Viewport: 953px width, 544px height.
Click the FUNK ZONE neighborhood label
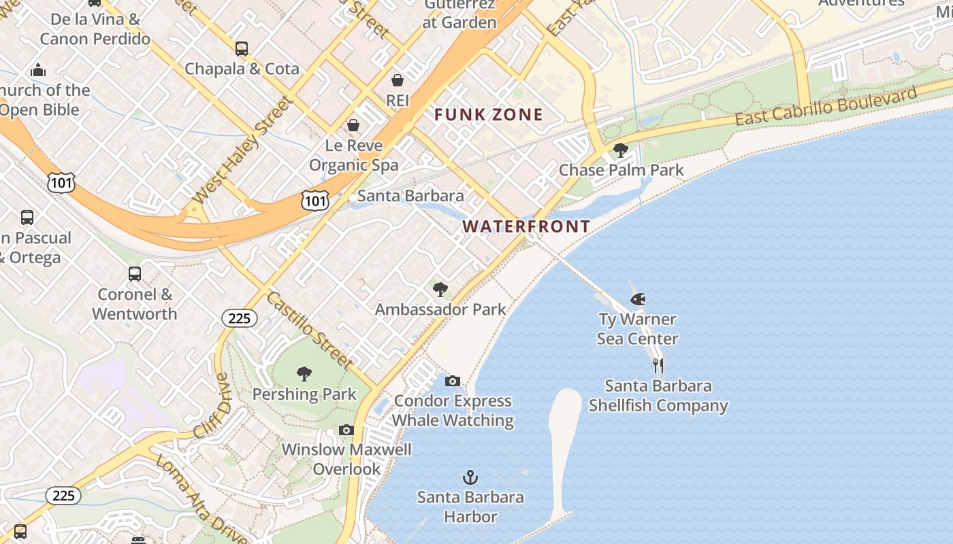coord(489,115)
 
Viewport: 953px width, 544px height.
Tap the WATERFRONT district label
coord(526,226)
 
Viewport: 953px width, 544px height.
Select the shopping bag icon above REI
coord(398,81)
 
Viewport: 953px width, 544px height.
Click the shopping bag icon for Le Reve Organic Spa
coord(353,125)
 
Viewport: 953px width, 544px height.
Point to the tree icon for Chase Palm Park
coord(620,150)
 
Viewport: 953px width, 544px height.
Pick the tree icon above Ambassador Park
coord(440,290)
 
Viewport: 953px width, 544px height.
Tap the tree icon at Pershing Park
coord(304,374)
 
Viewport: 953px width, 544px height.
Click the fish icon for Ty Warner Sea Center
coord(638,299)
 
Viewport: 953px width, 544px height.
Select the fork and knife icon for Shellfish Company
coord(658,366)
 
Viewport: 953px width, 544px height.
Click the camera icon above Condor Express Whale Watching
coord(453,381)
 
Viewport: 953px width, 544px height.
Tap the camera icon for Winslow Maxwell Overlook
coord(346,430)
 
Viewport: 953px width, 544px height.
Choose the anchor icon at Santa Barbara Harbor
coord(470,477)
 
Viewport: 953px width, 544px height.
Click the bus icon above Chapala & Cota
coord(242,49)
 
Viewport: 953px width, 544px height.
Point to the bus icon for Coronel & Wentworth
coord(135,274)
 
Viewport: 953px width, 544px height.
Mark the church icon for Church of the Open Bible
coord(38,71)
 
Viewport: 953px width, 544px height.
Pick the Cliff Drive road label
coord(213,406)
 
